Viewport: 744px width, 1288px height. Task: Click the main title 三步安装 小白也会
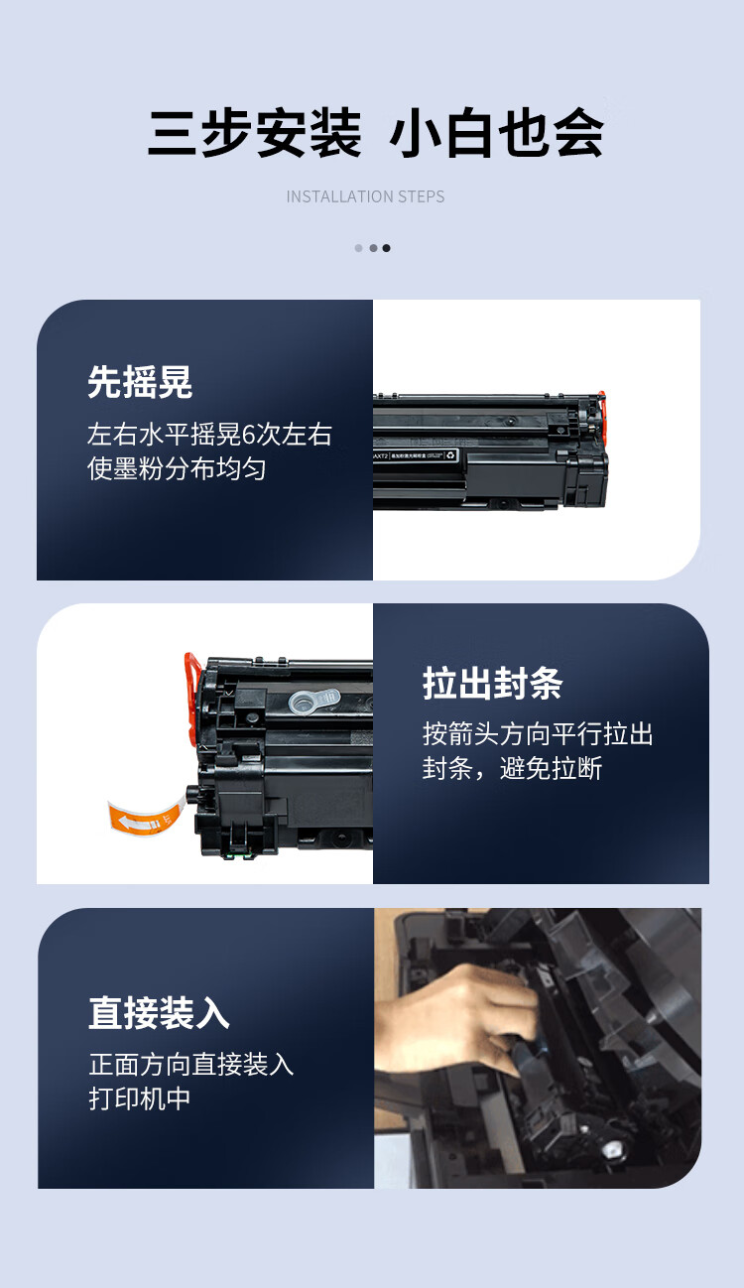pyautogui.click(x=375, y=133)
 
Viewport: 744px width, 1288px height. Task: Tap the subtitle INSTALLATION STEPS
pyautogui.click(x=365, y=196)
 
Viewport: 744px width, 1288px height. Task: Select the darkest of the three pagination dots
pyautogui.click(x=386, y=248)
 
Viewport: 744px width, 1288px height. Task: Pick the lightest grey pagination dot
pyautogui.click(x=359, y=248)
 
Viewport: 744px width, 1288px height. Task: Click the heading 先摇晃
pyautogui.click(x=140, y=382)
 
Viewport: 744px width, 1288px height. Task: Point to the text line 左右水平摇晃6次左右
pyautogui.click(x=209, y=434)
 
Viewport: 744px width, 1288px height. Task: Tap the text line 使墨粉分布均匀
pyautogui.click(x=177, y=468)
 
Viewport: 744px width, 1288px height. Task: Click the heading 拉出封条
pyautogui.click(x=493, y=683)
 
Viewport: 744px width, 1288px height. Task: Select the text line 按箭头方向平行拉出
pyautogui.click(x=538, y=734)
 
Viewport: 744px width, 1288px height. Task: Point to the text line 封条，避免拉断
pyautogui.click(x=512, y=769)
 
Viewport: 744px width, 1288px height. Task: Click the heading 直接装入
pyautogui.click(x=159, y=1013)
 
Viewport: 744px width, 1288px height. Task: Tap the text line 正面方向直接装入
pyautogui.click(x=190, y=1065)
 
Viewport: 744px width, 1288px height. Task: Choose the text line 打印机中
pyautogui.click(x=139, y=1098)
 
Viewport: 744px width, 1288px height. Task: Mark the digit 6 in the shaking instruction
pyautogui.click(x=248, y=435)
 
